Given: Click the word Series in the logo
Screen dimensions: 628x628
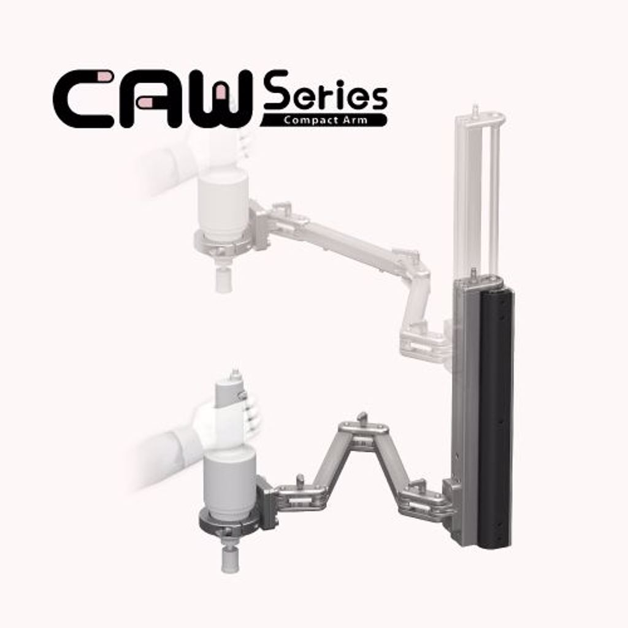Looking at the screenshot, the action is tap(325, 92).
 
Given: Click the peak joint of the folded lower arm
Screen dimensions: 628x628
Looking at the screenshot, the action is tap(363, 432).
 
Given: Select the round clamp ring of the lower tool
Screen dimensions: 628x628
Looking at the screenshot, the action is tap(231, 523).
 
